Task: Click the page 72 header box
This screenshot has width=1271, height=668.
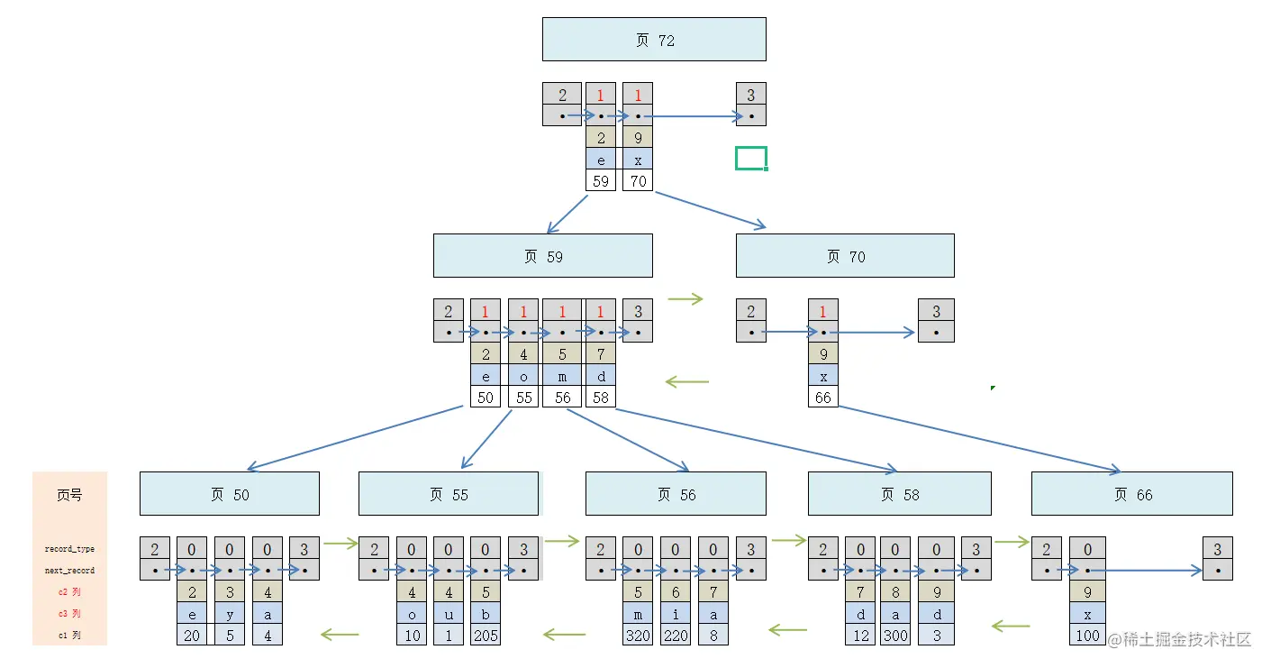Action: (654, 40)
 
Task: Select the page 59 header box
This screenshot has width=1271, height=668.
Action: (542, 256)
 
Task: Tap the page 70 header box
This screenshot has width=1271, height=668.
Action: (845, 256)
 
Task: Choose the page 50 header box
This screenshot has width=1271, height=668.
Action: (229, 494)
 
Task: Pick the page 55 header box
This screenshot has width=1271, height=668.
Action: (449, 494)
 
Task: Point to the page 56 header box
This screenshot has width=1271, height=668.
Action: (676, 494)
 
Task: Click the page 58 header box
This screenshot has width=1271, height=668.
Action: (899, 494)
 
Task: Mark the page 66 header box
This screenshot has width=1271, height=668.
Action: (1131, 494)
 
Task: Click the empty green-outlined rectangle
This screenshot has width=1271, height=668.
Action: (750, 159)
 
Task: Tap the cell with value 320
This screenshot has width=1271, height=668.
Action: (638, 636)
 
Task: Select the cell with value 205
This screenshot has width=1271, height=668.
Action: (486, 636)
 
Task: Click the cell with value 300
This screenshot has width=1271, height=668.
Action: (895, 636)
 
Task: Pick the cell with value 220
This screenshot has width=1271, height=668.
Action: (676, 636)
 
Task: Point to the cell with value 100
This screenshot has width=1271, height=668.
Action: (1087, 636)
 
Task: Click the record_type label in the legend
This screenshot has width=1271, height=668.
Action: (69, 549)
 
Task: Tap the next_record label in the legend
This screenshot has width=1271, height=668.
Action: (69, 571)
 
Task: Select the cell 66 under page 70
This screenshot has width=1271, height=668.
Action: (822, 398)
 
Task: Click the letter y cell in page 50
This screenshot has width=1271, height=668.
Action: (230, 614)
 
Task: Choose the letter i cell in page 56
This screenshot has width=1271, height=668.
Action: (676, 614)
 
